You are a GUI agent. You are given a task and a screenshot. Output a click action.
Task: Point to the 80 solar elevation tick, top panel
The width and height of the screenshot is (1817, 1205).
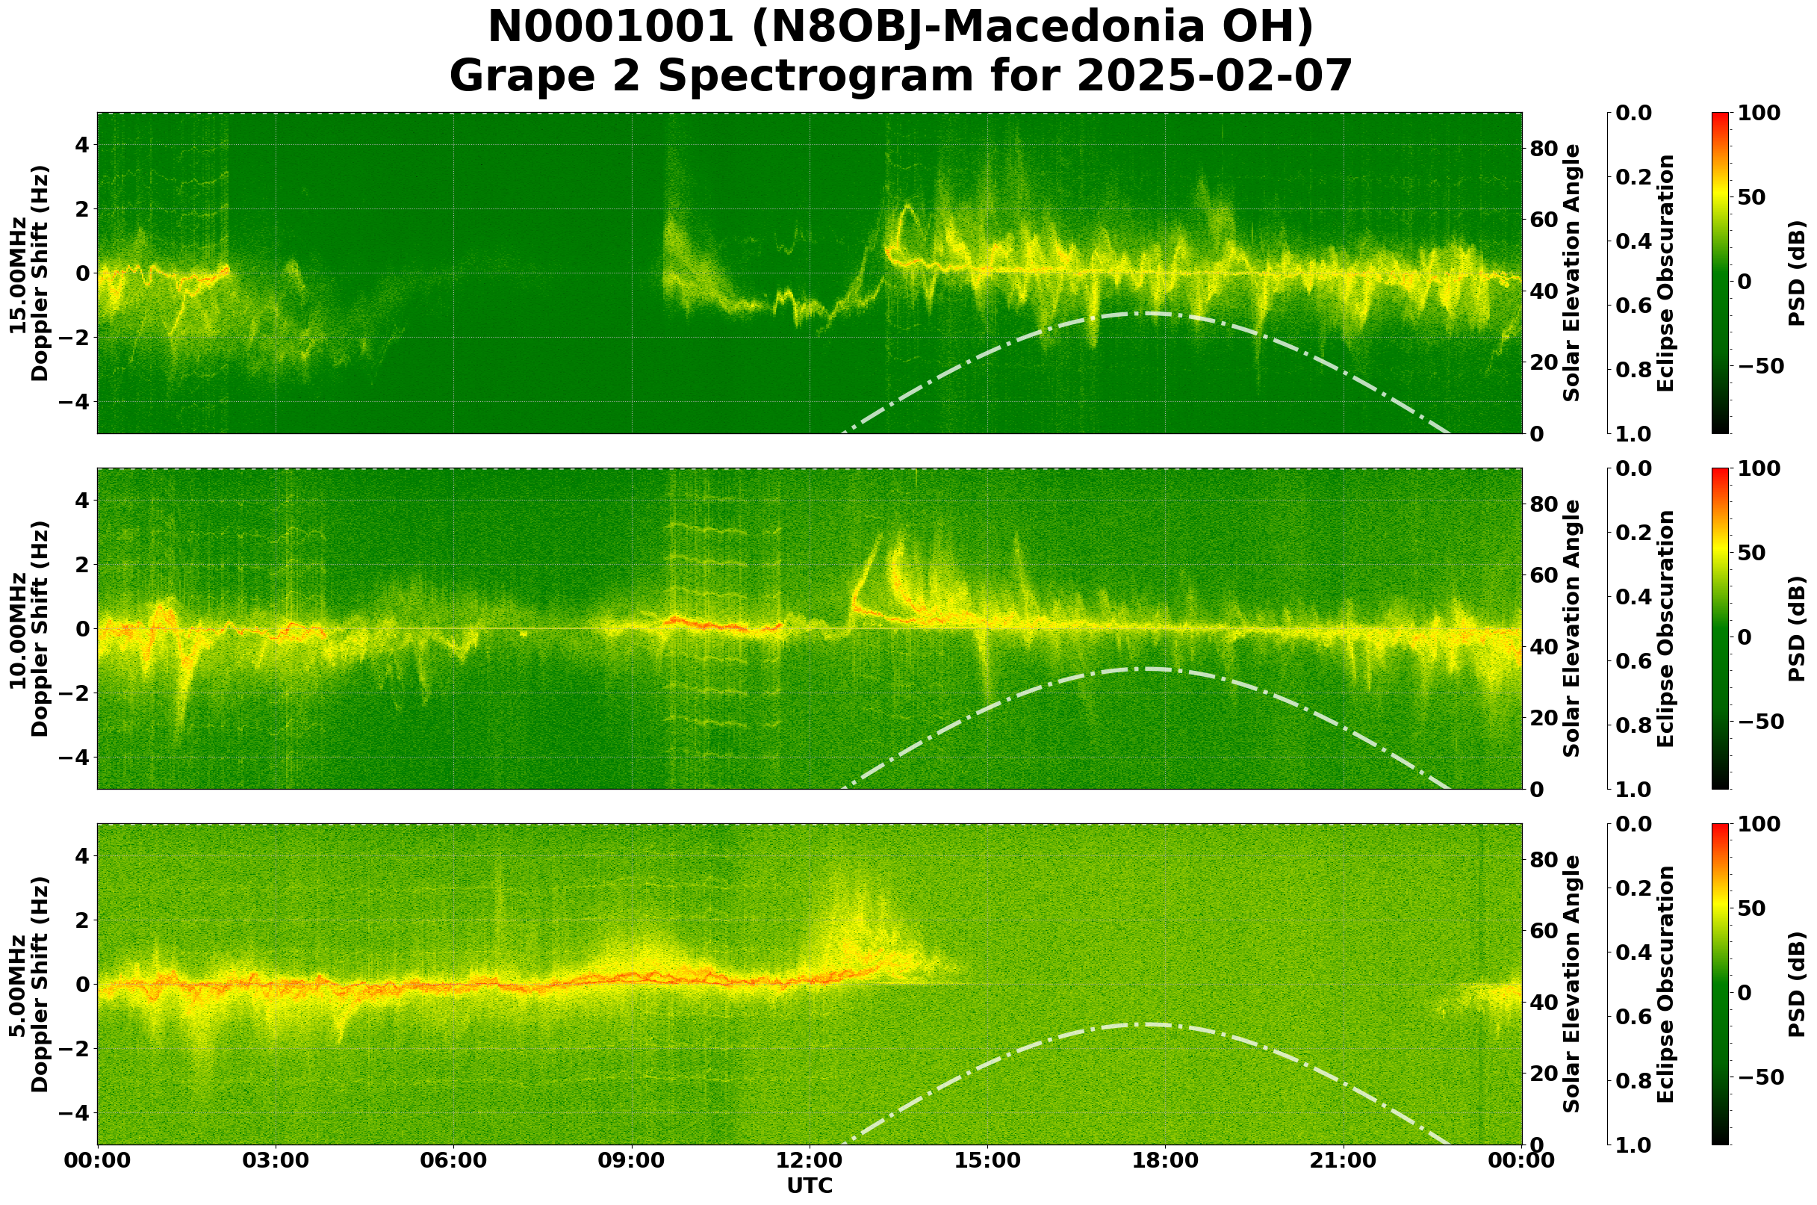(1544, 149)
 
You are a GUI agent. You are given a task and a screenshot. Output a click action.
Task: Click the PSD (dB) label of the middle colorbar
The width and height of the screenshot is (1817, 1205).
(1797, 628)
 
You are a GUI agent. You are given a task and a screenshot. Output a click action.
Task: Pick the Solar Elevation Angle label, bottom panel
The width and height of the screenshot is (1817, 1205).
(1572, 985)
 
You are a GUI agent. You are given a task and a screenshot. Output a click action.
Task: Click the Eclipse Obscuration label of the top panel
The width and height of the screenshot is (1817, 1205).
(1665, 273)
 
